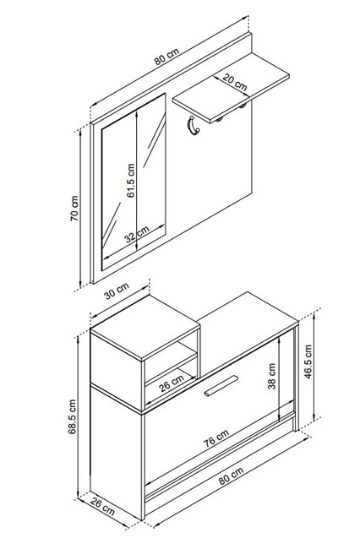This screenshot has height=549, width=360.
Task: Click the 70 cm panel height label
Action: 74,208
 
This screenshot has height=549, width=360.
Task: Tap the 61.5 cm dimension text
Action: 130,181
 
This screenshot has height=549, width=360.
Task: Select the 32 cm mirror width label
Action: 137,234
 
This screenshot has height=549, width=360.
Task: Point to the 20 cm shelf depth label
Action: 235,83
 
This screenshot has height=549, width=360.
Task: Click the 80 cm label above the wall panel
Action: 166,57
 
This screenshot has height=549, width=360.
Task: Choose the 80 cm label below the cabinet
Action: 231,476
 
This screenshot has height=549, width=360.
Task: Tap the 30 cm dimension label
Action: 117,291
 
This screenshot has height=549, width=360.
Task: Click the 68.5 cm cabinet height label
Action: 72,416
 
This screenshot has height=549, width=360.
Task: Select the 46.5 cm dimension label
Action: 308,361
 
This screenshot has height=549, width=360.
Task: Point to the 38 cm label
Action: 272,376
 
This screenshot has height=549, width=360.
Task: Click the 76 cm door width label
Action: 216,438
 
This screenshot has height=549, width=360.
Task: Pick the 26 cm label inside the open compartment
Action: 172,383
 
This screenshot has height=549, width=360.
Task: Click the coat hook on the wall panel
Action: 194,126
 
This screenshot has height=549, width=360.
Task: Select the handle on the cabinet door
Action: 221,386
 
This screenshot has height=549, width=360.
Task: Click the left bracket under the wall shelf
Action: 220,119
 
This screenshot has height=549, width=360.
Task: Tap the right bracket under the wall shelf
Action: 243,106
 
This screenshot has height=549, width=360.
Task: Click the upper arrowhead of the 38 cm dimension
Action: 279,340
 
